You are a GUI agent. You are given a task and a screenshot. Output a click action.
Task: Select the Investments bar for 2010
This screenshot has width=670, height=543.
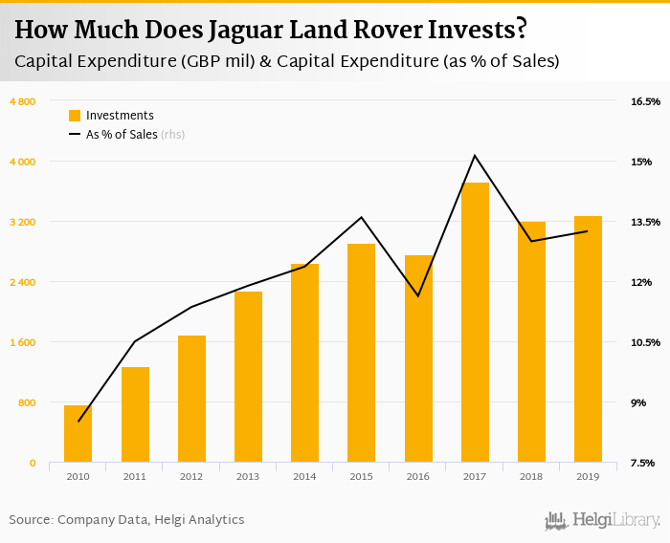(x=78, y=434)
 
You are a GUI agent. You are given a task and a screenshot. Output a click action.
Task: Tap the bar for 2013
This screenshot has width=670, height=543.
(x=248, y=377)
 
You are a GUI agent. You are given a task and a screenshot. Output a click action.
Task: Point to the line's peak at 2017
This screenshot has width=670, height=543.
(x=475, y=156)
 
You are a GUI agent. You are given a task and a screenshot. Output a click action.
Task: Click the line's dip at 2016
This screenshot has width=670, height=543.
(x=418, y=296)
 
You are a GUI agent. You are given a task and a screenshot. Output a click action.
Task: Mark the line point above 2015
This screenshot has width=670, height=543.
(x=362, y=217)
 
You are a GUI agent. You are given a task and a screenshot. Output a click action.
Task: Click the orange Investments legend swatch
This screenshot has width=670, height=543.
(x=75, y=116)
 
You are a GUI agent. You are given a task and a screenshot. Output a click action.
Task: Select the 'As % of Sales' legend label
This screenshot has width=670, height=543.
(x=122, y=135)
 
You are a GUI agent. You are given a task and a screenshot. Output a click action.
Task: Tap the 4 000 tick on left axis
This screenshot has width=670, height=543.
(x=23, y=162)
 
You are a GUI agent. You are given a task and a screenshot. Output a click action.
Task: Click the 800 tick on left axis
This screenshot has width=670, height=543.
(x=27, y=402)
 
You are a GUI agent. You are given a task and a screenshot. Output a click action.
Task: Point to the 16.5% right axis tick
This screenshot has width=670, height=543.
(x=645, y=101)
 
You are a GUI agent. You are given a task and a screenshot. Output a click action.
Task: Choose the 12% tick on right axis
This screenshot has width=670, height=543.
(x=640, y=282)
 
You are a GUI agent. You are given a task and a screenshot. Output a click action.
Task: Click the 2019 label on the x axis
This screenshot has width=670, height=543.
(x=588, y=476)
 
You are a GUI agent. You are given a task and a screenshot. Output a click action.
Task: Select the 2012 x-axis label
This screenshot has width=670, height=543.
(x=191, y=476)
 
